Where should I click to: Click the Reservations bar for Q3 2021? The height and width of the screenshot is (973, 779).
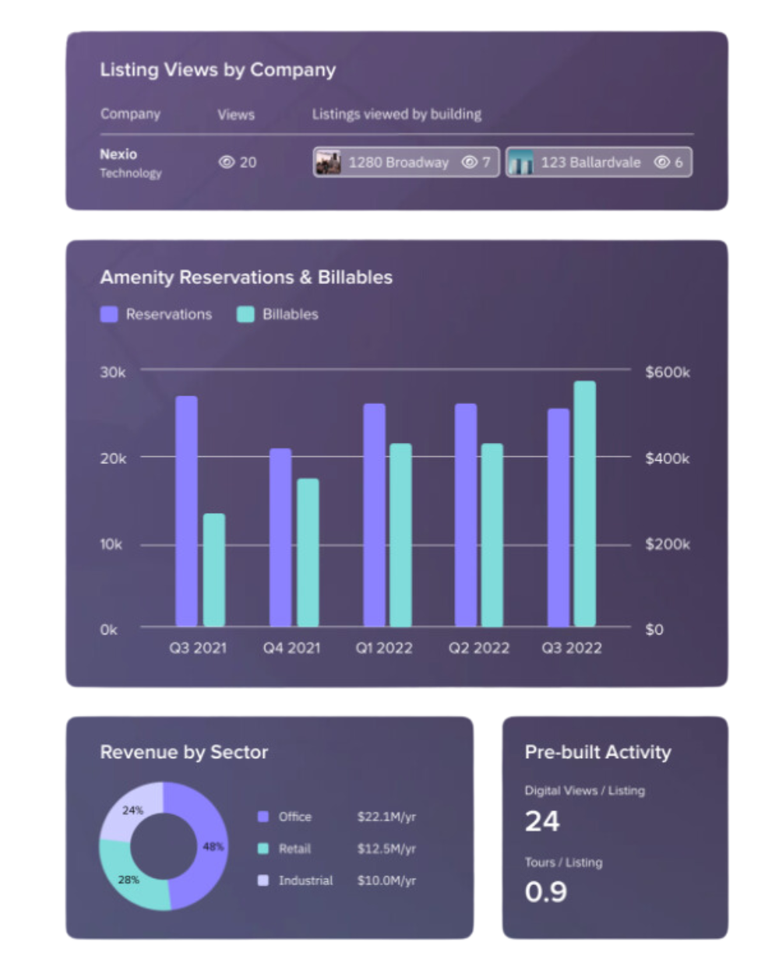(186, 511)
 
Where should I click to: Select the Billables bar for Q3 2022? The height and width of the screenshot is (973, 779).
(584, 504)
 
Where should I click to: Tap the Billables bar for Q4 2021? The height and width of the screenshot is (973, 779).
(308, 553)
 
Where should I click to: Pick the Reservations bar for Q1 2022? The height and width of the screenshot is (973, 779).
(374, 515)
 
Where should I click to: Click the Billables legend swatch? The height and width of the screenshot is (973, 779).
(245, 314)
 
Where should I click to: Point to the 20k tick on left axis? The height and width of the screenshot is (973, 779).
(113, 458)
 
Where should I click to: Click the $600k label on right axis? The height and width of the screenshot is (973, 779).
(668, 373)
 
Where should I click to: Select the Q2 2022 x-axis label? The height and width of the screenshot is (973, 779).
(478, 648)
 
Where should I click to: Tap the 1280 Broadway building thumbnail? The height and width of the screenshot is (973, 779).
(328, 163)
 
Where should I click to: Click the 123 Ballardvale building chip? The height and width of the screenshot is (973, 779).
(598, 163)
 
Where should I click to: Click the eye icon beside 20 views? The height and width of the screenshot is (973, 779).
(227, 163)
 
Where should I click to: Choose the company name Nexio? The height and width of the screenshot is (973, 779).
(118, 154)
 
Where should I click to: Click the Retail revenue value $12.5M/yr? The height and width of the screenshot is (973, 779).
(386, 848)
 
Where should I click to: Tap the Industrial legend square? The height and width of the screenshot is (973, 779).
(263, 880)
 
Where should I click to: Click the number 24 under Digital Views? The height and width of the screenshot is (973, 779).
(542, 821)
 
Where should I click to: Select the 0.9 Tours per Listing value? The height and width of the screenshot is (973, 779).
(546, 891)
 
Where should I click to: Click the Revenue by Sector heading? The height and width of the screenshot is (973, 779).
(184, 752)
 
